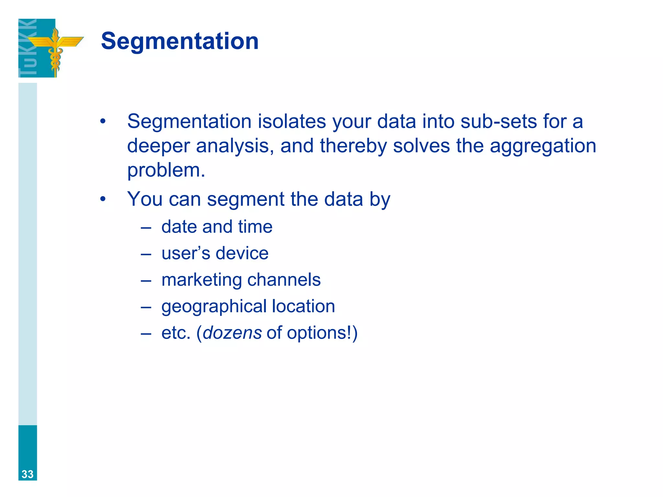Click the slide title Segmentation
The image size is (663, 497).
[x=180, y=41]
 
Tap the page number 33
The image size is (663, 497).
[x=28, y=474]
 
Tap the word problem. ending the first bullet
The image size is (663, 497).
[x=166, y=171]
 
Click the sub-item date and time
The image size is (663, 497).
[x=217, y=226]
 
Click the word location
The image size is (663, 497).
[x=303, y=306]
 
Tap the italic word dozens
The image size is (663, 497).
[x=232, y=333]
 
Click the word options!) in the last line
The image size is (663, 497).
[x=322, y=333]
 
